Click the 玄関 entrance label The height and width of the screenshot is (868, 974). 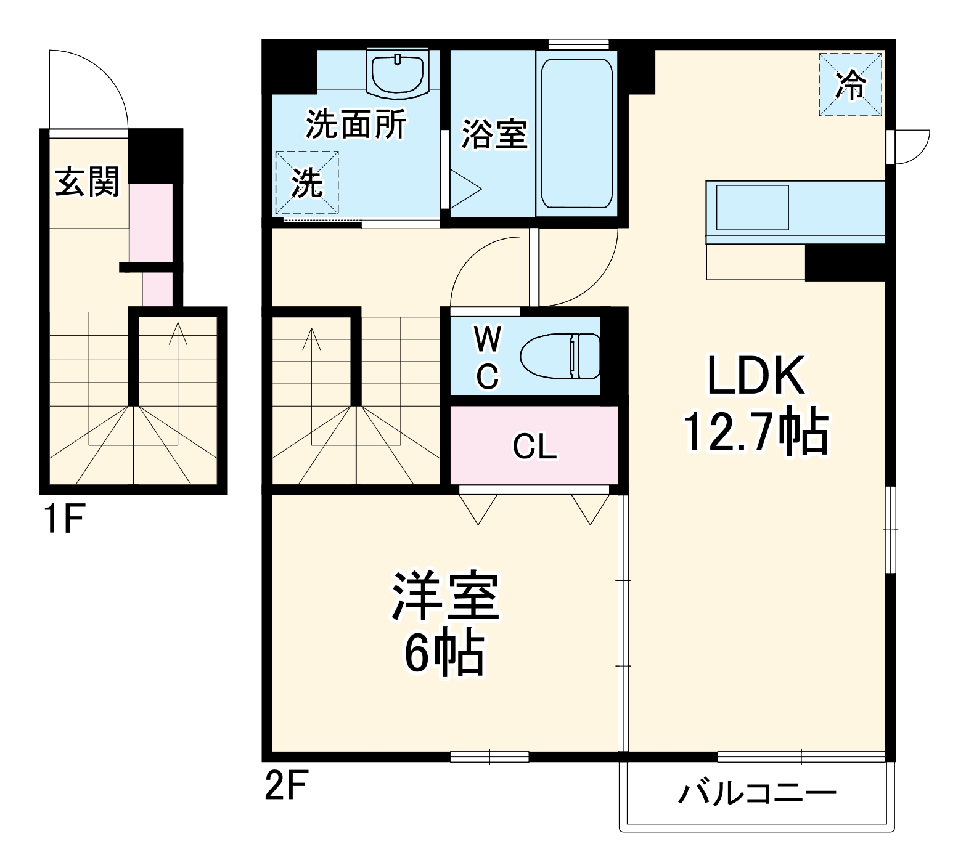(x=87, y=182)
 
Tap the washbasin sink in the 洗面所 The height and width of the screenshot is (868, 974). (x=397, y=72)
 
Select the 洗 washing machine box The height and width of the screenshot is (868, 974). (x=307, y=182)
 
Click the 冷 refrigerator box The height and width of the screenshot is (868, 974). (x=850, y=84)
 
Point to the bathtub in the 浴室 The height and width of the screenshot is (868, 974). (x=576, y=134)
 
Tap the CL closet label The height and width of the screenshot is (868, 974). (x=534, y=446)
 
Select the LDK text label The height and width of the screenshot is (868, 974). (x=755, y=375)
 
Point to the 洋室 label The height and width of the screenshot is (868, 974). (x=445, y=596)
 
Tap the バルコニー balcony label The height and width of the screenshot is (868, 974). (x=757, y=793)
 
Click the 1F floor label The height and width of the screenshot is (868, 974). (x=63, y=519)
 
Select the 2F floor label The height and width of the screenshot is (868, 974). (x=285, y=786)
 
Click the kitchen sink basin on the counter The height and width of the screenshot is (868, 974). (x=752, y=208)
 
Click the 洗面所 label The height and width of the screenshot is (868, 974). (x=356, y=124)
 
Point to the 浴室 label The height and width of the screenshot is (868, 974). (x=494, y=134)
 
